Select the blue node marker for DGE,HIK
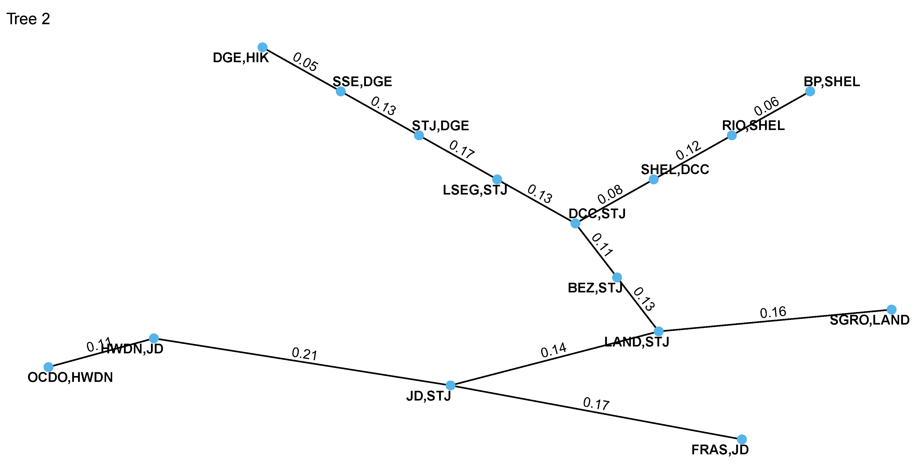click(262, 47)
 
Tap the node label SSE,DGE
click(362, 82)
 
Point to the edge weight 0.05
click(305, 62)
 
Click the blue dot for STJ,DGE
click(419, 135)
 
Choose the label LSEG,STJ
click(475, 190)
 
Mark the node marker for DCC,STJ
click(575, 223)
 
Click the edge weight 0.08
click(610, 195)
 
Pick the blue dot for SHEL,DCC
click(654, 179)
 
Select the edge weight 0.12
click(688, 150)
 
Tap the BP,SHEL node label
click(831, 82)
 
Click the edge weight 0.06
click(767, 106)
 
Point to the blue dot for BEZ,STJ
click(617, 277)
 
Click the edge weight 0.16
click(773, 313)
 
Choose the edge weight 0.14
click(553, 350)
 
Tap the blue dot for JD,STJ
click(450, 385)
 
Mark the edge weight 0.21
click(304, 354)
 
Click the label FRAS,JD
click(720, 450)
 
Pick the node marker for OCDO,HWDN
click(48, 367)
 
